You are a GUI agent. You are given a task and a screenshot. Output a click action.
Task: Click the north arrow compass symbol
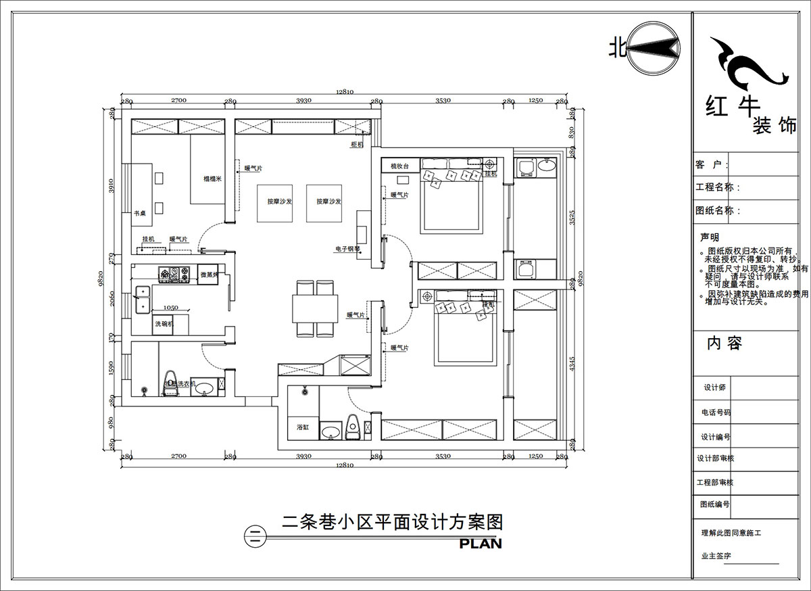(x=654, y=48)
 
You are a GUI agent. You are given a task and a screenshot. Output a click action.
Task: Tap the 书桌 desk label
(x=140, y=213)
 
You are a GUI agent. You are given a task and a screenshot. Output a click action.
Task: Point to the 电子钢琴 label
(x=347, y=249)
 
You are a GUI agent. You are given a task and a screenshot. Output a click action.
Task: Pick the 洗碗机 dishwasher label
(x=164, y=325)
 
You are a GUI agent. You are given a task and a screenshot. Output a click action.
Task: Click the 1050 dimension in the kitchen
(x=171, y=308)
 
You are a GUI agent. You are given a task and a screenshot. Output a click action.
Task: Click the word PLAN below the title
(x=481, y=543)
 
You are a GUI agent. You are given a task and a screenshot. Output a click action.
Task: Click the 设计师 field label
(x=714, y=387)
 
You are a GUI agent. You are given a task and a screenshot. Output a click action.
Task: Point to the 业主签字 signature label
(x=716, y=556)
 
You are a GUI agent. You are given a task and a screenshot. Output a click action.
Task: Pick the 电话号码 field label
(x=716, y=412)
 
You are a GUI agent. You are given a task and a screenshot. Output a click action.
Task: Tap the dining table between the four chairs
(x=315, y=309)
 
